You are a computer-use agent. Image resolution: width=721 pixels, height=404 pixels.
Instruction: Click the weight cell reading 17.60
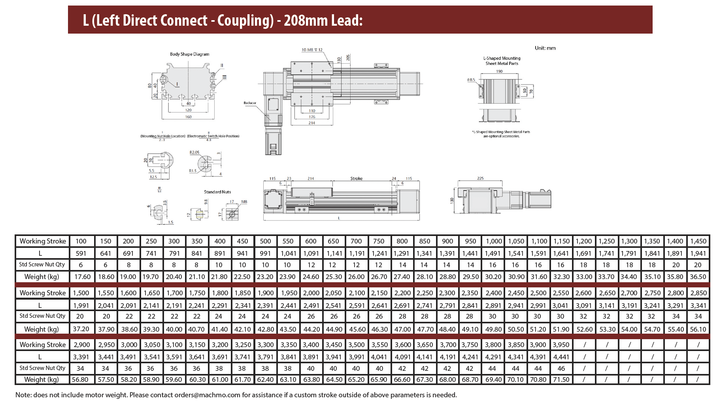82,277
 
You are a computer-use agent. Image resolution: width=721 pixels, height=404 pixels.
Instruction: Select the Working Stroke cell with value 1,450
698,241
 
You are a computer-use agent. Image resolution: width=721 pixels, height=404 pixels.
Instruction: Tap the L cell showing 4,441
561,357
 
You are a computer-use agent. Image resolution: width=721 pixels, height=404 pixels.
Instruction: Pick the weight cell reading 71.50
561,379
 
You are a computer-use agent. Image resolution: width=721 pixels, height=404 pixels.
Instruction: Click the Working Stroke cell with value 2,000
311,293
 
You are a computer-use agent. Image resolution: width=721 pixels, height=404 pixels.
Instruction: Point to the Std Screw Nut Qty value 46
561,368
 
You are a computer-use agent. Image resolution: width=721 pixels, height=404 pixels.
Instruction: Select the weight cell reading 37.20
81,329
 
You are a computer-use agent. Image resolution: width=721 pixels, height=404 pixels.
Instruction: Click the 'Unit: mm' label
545,48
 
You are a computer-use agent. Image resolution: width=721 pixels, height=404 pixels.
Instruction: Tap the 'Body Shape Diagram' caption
189,54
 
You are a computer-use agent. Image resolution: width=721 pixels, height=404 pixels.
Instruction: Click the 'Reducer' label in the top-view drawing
250,103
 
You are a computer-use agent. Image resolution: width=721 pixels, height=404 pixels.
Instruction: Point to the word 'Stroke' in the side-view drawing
356,179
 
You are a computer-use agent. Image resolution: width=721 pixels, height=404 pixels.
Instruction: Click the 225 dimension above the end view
480,178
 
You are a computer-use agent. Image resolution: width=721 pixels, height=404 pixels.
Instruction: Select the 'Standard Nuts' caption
217,192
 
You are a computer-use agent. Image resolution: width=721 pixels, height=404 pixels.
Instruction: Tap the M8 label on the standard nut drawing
244,202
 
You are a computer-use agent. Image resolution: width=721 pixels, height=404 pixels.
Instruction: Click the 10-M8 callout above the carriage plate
312,50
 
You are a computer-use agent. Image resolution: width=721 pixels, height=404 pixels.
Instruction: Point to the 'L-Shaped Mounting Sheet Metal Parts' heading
502,60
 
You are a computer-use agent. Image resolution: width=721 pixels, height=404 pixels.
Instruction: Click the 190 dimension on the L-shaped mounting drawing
499,72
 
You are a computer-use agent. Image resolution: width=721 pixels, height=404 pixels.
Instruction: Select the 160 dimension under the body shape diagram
188,117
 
